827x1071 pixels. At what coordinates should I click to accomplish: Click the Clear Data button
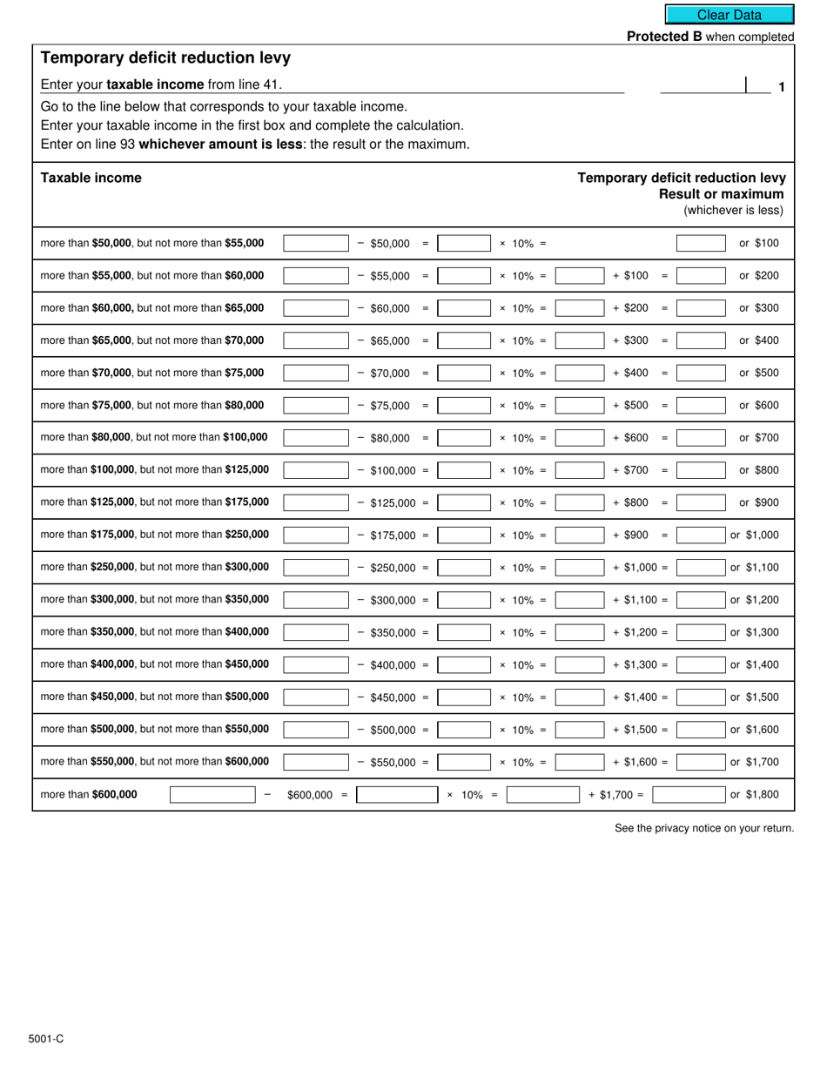tap(730, 15)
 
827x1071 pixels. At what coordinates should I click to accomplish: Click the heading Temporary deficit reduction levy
tap(165, 58)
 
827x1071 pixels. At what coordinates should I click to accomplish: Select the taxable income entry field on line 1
tap(703, 85)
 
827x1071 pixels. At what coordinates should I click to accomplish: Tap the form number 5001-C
tap(44, 1039)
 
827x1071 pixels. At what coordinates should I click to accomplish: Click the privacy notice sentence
tap(703, 828)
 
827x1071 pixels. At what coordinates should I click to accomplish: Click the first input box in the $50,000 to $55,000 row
tap(316, 244)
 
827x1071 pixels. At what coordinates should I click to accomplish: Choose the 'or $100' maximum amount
tap(759, 244)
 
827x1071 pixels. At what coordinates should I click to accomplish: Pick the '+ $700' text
tap(630, 470)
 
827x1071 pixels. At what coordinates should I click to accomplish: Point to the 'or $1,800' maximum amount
tap(754, 794)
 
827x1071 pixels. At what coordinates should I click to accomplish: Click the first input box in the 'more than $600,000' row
tap(212, 794)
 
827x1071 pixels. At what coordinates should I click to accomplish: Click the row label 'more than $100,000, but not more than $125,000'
tap(155, 470)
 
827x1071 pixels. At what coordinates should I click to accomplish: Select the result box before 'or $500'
tap(700, 373)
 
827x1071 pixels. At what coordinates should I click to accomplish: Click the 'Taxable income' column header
tap(91, 178)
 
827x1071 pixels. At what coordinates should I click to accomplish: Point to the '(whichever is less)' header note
tap(733, 210)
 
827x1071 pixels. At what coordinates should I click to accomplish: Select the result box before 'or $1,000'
tap(700, 535)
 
